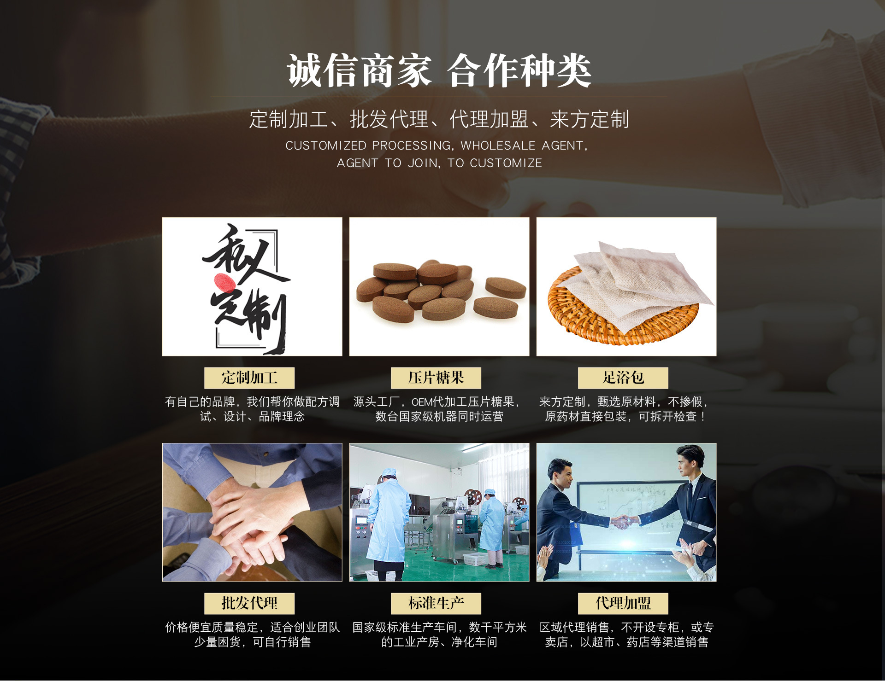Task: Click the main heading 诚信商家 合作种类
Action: coord(439,70)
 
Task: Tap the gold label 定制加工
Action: coord(249,378)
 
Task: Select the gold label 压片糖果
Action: coord(436,378)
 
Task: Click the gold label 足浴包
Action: coord(623,378)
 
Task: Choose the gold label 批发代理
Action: coord(249,604)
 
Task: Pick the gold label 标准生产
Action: coord(436,604)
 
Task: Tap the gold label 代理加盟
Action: coord(623,604)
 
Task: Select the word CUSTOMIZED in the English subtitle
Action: coord(326,146)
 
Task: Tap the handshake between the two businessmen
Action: coord(623,522)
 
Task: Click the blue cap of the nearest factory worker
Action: coord(389,472)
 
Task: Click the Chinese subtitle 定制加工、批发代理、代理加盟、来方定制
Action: coord(439,119)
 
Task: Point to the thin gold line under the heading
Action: coord(439,97)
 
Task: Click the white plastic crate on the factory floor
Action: coord(475,559)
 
